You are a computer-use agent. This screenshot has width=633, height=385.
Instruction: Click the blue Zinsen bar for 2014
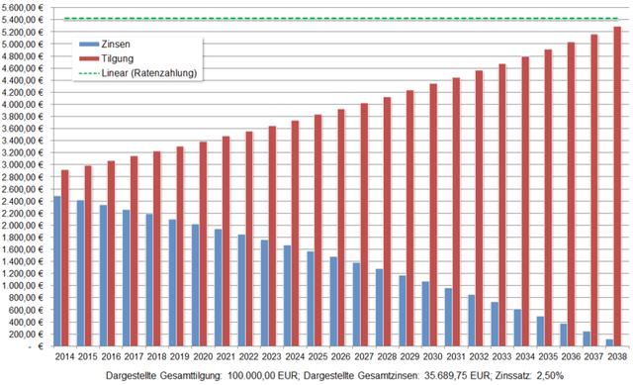click(x=58, y=271)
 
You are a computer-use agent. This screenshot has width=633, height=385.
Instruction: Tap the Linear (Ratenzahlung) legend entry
click(x=138, y=73)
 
